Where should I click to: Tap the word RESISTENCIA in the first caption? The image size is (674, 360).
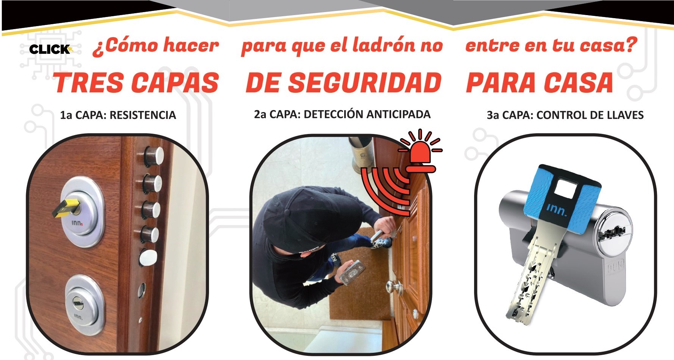143,115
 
